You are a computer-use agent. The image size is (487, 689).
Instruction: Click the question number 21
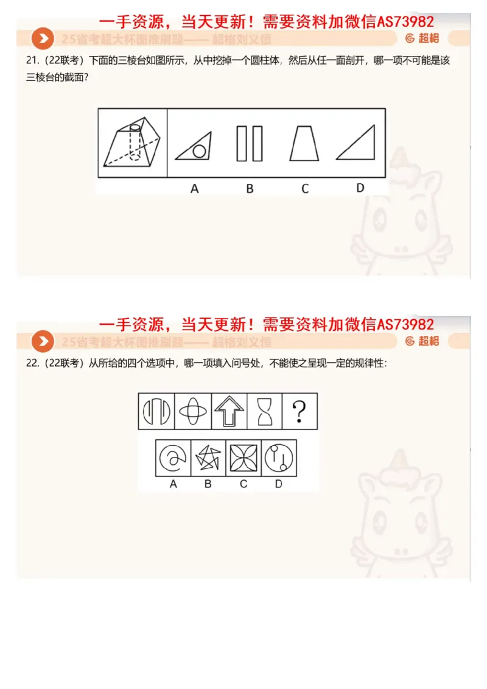(x=31, y=60)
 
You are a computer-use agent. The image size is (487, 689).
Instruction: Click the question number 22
(x=31, y=363)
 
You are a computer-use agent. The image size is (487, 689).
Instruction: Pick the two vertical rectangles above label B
(x=250, y=144)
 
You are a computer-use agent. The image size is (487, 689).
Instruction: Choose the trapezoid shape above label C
(x=304, y=144)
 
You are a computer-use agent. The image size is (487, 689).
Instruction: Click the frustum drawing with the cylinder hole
(x=133, y=143)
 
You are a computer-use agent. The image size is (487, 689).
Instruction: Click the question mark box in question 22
(x=299, y=411)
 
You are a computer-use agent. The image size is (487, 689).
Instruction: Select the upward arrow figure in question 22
(x=229, y=411)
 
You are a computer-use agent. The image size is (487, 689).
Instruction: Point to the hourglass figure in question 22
(x=264, y=411)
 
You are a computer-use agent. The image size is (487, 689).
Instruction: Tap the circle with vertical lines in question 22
(x=156, y=411)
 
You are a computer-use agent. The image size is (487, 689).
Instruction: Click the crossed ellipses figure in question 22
(x=193, y=411)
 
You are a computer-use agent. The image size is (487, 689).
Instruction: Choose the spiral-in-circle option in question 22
(x=173, y=458)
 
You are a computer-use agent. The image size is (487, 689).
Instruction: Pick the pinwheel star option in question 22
(x=208, y=458)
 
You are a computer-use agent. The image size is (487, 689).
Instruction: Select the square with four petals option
(x=243, y=458)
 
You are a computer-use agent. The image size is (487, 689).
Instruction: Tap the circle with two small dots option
(x=279, y=458)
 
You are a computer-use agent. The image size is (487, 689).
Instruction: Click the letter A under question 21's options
(x=194, y=189)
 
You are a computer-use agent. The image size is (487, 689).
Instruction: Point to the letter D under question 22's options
(x=279, y=484)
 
